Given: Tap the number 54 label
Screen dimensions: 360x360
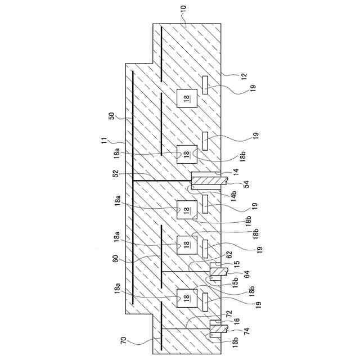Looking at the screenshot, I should (x=246, y=184).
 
